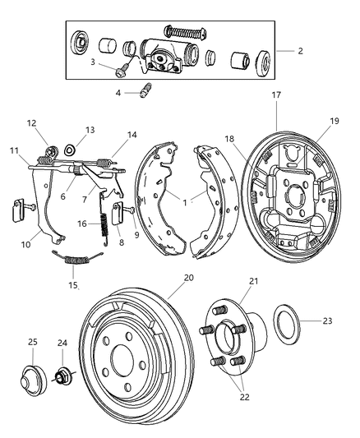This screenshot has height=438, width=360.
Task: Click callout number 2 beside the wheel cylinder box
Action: (x=301, y=51)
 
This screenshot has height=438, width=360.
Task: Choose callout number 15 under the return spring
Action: (x=73, y=285)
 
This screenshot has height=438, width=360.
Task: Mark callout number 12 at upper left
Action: (x=32, y=123)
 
